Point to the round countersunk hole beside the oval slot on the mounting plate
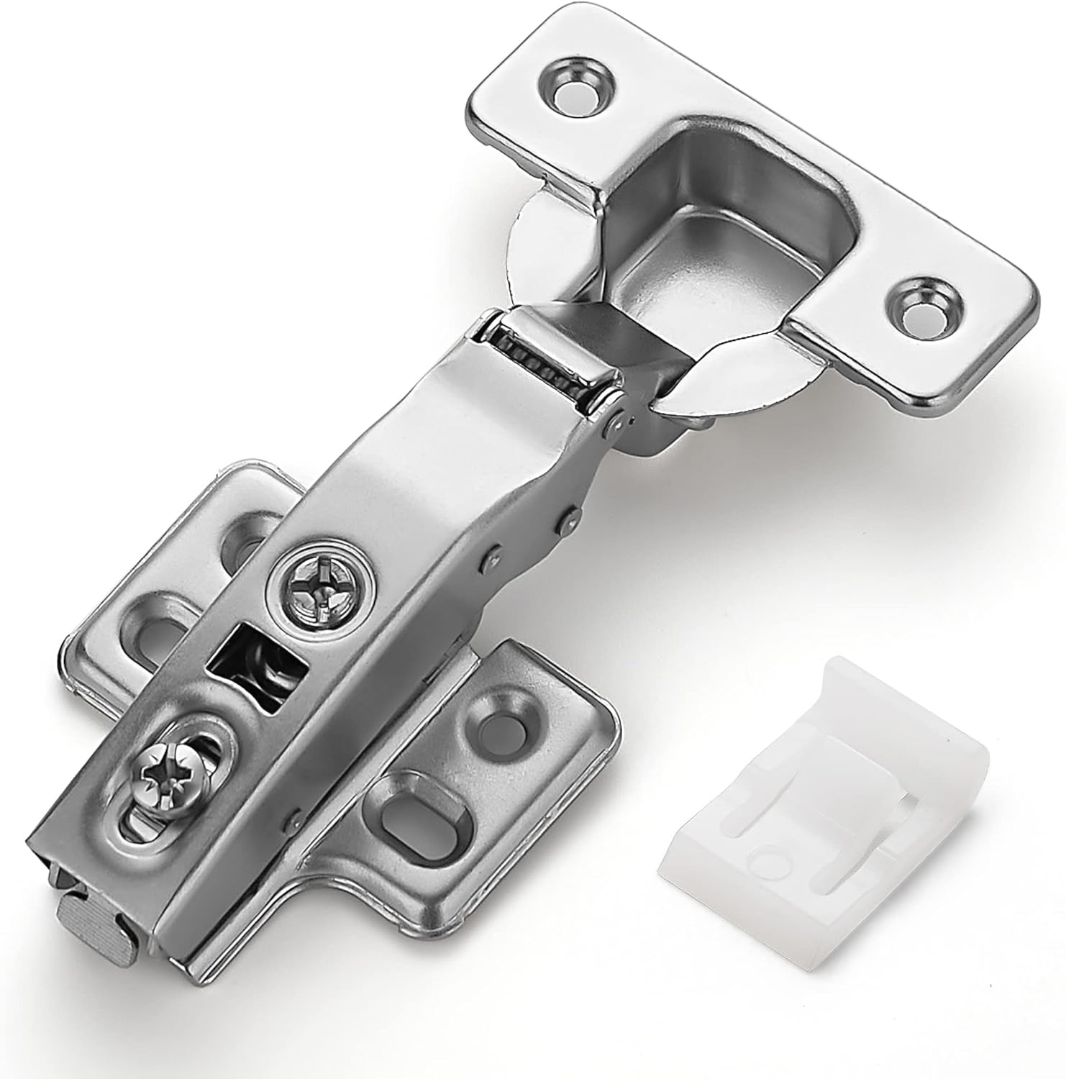(x=500, y=712)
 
